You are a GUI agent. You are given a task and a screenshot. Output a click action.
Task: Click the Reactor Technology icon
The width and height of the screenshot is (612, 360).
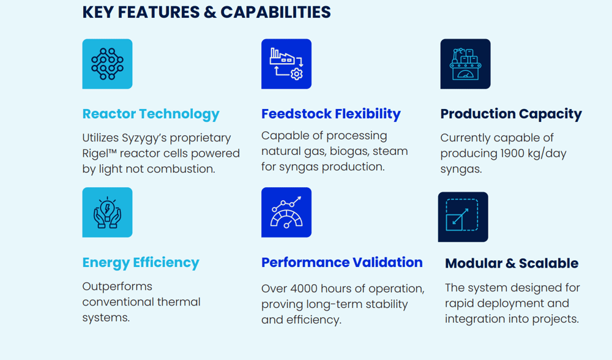pos(107,64)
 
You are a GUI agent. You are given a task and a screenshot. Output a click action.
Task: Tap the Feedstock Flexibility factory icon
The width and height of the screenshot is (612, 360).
pos(286,64)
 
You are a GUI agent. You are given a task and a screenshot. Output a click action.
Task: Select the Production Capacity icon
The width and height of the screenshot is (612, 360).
pos(466,64)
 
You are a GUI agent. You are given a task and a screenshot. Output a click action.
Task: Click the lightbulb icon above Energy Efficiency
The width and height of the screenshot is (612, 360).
pos(107,212)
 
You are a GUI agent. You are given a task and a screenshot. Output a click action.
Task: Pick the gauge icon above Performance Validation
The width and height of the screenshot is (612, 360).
pos(286,212)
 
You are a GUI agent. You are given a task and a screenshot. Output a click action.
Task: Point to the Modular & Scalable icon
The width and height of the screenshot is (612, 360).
pos(463,217)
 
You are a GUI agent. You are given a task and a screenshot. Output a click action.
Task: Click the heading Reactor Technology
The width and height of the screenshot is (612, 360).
pos(151,114)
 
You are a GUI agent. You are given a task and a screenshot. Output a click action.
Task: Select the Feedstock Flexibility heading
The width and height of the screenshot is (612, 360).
pos(331,114)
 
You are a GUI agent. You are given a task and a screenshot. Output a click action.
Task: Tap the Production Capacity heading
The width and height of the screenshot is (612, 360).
pos(511,114)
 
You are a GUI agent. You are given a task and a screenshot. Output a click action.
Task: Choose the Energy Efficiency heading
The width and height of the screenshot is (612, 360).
pos(141,263)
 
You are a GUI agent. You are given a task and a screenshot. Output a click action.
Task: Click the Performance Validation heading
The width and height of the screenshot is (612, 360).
pos(342,263)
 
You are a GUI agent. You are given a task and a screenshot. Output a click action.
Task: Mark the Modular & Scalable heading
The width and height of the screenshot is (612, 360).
pos(512,263)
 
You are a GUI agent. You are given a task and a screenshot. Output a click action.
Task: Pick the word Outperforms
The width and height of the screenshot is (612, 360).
pos(117,287)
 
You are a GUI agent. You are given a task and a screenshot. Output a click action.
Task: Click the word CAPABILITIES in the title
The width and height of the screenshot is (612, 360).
pos(275,12)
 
